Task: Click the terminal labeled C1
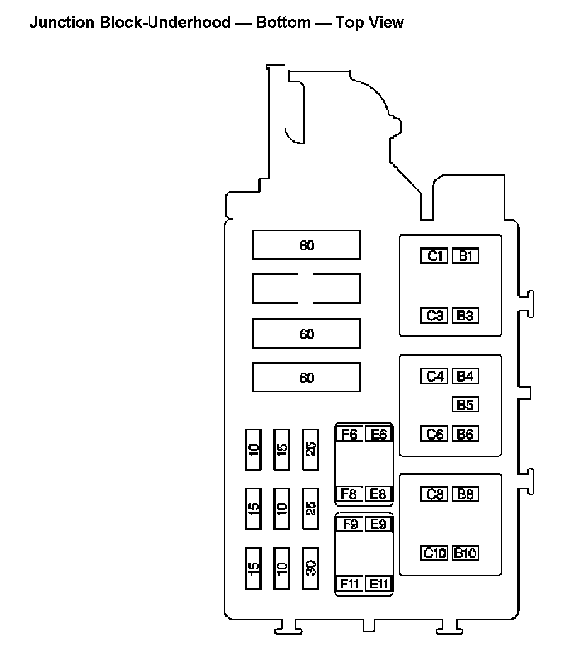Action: (x=435, y=256)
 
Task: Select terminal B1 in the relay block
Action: (x=465, y=256)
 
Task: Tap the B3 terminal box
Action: (x=465, y=316)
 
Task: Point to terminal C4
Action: (x=435, y=377)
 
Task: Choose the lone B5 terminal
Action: (x=465, y=405)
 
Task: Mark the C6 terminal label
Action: (x=435, y=434)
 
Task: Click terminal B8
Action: (x=465, y=494)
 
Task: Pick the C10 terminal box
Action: (x=435, y=553)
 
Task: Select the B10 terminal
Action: (x=465, y=553)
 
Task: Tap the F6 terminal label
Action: (x=350, y=434)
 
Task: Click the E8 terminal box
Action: (x=378, y=494)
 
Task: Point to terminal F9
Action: (x=350, y=524)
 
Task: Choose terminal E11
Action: (x=378, y=583)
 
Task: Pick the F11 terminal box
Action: (x=350, y=583)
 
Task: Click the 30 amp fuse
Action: (x=311, y=568)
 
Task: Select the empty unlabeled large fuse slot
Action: (x=306, y=288)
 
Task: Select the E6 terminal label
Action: (x=378, y=434)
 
